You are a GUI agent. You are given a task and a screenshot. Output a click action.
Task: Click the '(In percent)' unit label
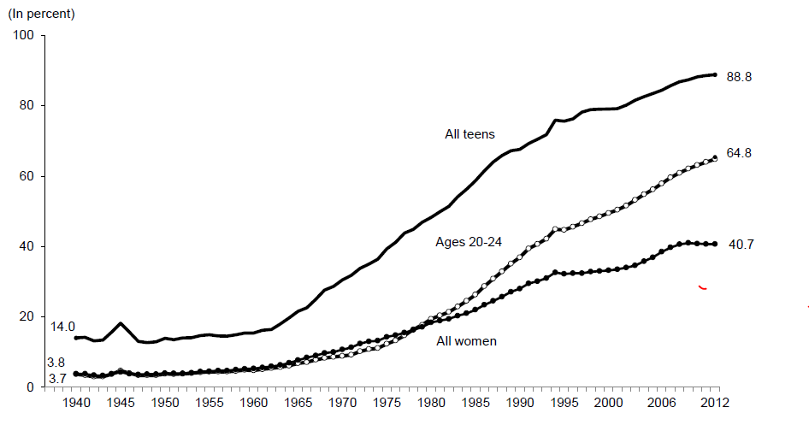click(x=41, y=15)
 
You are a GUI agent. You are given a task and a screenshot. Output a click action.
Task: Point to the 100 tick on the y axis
click(x=23, y=36)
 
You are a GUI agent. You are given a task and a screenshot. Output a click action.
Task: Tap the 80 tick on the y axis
click(x=26, y=106)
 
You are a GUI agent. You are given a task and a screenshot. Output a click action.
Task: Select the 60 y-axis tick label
click(x=26, y=176)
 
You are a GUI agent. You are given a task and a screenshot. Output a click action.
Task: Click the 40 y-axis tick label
click(x=26, y=246)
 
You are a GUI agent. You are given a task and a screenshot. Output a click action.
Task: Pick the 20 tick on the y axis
click(x=26, y=317)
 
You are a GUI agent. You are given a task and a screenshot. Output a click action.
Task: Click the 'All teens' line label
click(x=469, y=134)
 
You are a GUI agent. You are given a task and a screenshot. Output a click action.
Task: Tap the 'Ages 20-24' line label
click(x=468, y=243)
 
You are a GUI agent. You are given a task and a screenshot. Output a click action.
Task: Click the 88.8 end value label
click(x=738, y=76)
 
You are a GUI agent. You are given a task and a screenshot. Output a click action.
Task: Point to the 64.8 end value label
click(x=738, y=153)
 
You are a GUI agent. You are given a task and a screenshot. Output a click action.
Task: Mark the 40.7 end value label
click(x=738, y=245)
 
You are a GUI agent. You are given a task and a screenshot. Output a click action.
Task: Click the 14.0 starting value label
click(x=63, y=327)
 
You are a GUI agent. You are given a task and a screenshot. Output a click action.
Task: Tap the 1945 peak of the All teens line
click(x=121, y=323)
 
